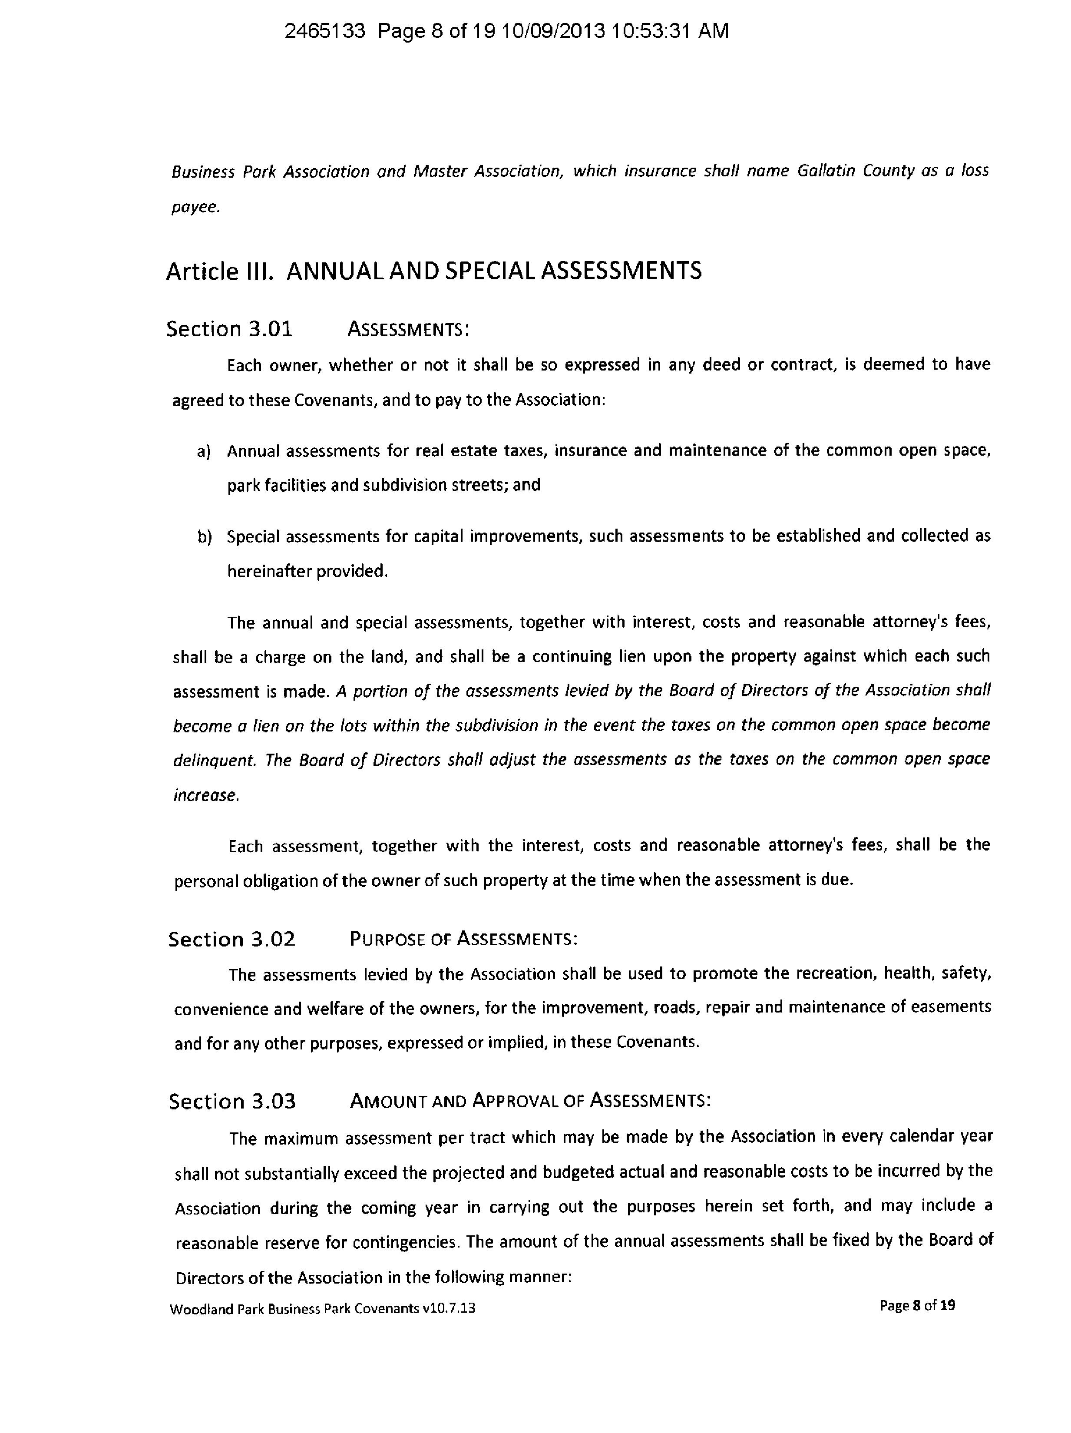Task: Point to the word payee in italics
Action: click(x=195, y=208)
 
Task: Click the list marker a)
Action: click(x=205, y=452)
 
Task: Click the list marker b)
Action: click(x=205, y=537)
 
